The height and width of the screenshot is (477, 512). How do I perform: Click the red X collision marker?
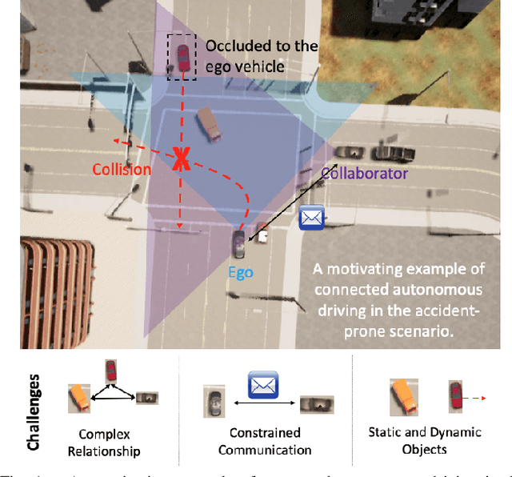point(182,160)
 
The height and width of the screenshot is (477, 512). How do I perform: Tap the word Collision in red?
point(121,169)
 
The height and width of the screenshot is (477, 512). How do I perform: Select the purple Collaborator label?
point(365,173)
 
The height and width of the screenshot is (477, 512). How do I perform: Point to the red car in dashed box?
point(183,57)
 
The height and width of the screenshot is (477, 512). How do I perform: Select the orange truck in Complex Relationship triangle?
point(78,398)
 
